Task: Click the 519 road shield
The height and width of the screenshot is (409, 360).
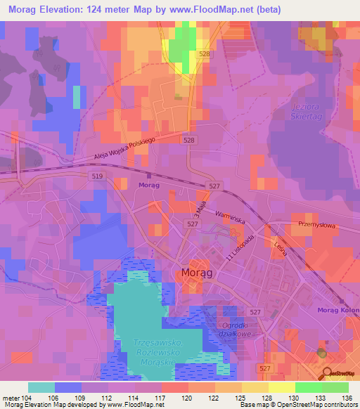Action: [x=97, y=176]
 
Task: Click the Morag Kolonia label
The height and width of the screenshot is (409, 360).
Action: [x=338, y=311]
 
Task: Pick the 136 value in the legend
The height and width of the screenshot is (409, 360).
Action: [x=349, y=397]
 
